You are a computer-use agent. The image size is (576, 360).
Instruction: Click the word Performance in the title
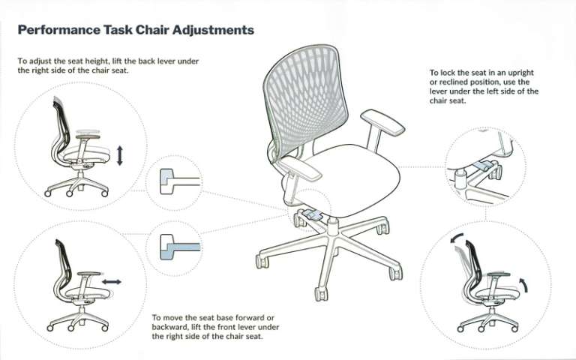(x=58, y=31)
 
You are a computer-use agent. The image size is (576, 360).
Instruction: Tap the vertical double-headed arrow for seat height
(x=119, y=156)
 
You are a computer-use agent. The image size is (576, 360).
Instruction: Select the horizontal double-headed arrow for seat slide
(x=112, y=281)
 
